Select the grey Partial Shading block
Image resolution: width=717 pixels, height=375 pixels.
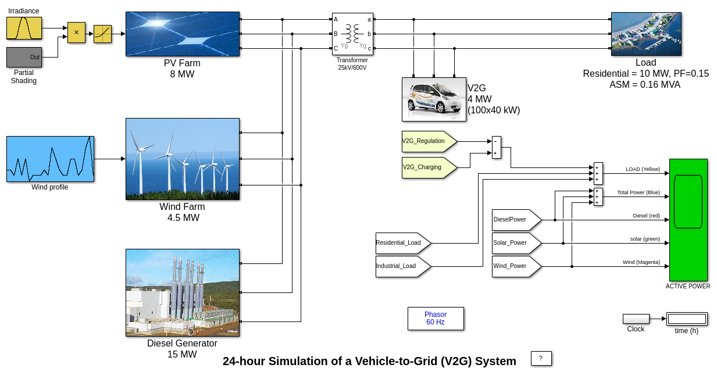click(x=24, y=57)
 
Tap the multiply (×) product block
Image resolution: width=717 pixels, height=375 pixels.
click(x=76, y=33)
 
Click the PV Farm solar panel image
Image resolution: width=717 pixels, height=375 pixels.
click(x=183, y=34)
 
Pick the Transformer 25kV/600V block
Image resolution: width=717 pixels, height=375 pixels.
click(x=352, y=34)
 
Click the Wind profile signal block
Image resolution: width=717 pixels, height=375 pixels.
click(x=50, y=159)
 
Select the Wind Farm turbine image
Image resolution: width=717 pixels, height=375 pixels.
click(x=183, y=159)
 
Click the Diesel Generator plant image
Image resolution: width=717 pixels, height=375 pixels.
click(x=183, y=292)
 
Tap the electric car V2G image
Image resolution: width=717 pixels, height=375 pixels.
click(x=434, y=99)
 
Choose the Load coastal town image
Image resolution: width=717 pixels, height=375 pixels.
click(x=646, y=34)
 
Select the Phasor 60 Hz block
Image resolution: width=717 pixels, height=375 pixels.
click(x=436, y=319)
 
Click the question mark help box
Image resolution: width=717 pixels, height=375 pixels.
click(x=541, y=358)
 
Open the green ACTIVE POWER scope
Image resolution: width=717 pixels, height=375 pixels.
click(x=689, y=220)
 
